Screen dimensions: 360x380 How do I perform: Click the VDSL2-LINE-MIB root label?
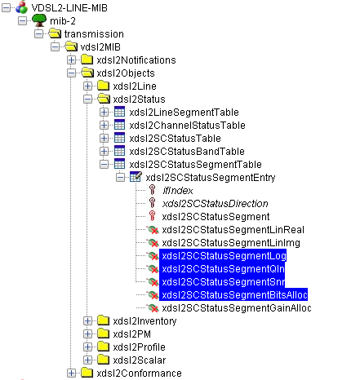tap(69, 8)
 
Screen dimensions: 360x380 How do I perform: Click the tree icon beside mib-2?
tap(39, 20)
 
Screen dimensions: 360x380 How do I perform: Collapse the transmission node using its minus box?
tap(38, 34)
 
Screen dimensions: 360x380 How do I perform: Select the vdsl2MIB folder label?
tap(100, 47)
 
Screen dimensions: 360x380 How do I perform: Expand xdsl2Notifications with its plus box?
tap(71, 60)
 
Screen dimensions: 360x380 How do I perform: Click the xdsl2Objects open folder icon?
tap(87, 73)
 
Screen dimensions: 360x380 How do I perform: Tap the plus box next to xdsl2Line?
tap(87, 86)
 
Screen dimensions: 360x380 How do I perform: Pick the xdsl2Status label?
tap(139, 99)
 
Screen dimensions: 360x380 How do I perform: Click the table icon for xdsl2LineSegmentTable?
tap(119, 112)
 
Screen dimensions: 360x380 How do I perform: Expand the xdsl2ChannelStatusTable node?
tap(104, 126)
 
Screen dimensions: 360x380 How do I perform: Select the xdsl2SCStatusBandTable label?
tap(187, 152)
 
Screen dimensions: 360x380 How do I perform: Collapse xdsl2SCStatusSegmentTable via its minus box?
tap(104, 165)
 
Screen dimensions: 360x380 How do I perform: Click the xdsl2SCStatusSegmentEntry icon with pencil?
tap(136, 177)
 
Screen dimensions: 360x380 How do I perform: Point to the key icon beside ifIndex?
tap(153, 190)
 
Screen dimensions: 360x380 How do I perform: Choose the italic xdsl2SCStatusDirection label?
tap(215, 204)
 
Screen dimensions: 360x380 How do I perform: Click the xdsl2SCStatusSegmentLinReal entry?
tap(233, 230)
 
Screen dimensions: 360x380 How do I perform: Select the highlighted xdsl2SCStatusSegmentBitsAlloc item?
tap(233, 295)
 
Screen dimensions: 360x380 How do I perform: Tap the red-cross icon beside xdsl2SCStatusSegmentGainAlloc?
tap(153, 308)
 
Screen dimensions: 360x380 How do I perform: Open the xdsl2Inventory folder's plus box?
tap(87, 321)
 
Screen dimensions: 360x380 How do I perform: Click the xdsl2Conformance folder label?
tap(139, 373)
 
